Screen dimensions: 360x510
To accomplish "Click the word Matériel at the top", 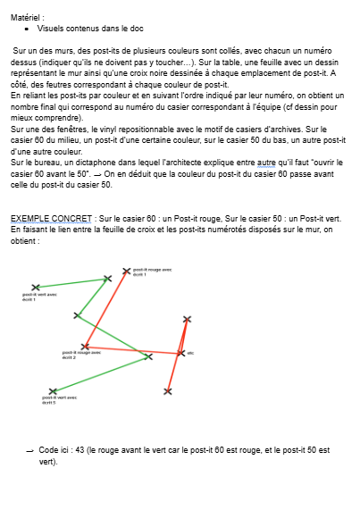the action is coord(25,16).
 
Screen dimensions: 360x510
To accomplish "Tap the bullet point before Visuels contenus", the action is coord(28,29).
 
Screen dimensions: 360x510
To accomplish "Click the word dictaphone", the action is coord(93,163).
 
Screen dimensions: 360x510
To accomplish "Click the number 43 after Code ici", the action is coord(82,450).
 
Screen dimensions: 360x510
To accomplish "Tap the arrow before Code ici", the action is coord(30,450).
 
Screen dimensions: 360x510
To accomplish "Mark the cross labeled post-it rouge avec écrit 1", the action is coord(125,270).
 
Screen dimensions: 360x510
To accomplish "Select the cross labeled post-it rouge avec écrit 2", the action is coord(86,347).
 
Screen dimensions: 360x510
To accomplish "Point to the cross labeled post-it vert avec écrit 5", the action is coord(53,391).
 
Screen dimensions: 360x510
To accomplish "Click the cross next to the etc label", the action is coord(180,354).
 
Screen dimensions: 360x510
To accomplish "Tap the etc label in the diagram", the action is coord(191,354).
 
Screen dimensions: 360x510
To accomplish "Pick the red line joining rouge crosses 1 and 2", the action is coord(105,308).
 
